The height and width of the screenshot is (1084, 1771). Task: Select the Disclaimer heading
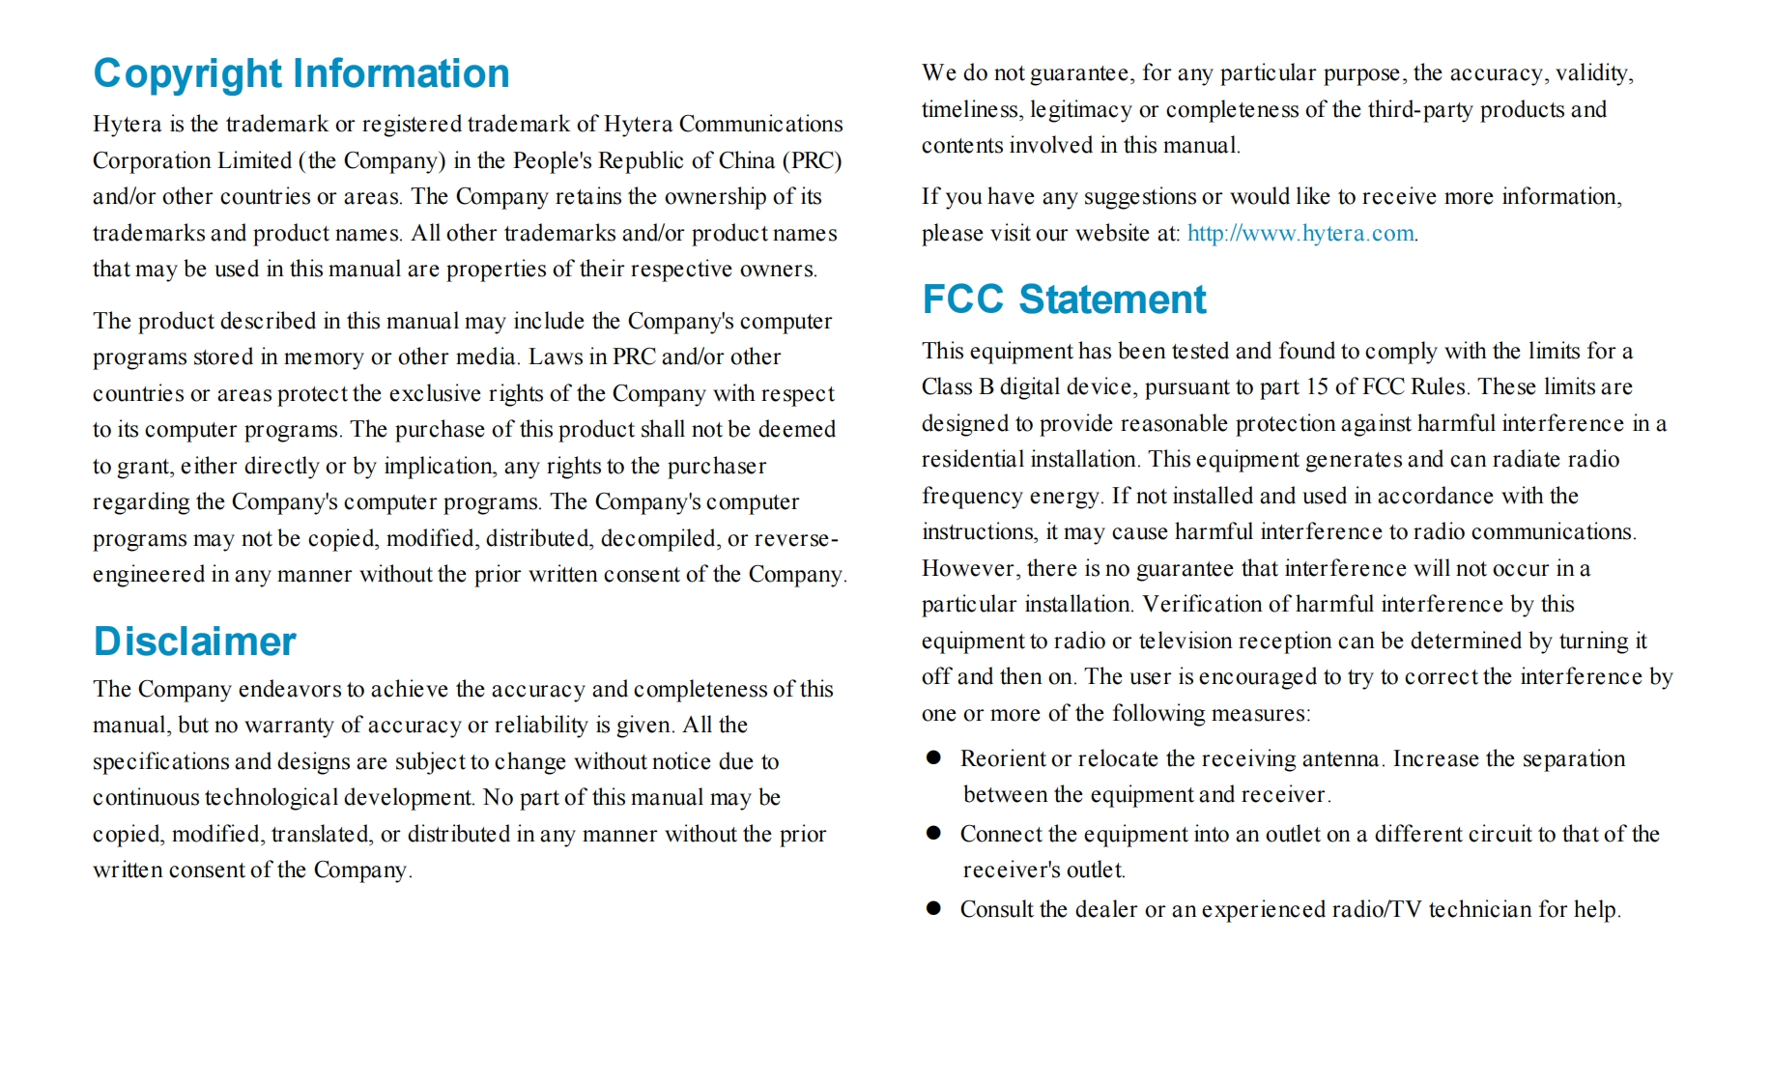(x=195, y=642)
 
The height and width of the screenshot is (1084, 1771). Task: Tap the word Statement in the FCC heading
(x=1112, y=300)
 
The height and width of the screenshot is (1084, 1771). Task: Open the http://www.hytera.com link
(x=1300, y=233)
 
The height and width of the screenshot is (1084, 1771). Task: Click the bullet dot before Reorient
(x=933, y=758)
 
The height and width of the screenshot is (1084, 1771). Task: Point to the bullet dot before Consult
(x=933, y=909)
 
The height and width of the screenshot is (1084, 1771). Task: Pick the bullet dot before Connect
(x=933, y=833)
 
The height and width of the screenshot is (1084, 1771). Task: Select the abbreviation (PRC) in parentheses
(x=816, y=160)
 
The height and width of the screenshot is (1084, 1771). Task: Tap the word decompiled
(x=661, y=538)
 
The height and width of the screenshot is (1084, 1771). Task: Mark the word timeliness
(x=971, y=109)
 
